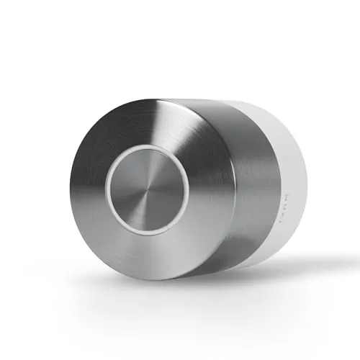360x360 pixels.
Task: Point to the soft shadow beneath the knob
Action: point(238,281)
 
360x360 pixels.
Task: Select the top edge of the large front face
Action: point(144,99)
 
